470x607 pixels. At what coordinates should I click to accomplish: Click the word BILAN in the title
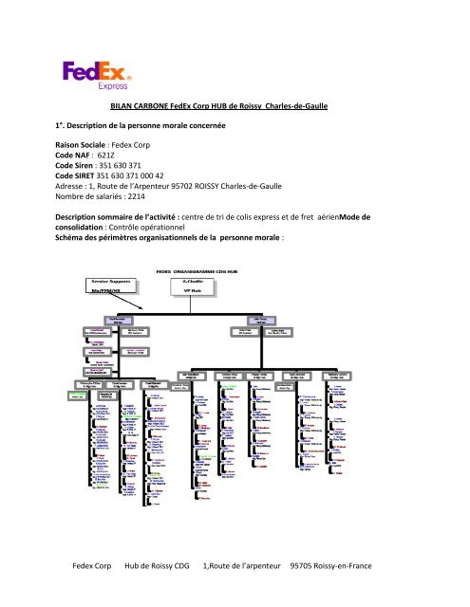coord(126,108)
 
